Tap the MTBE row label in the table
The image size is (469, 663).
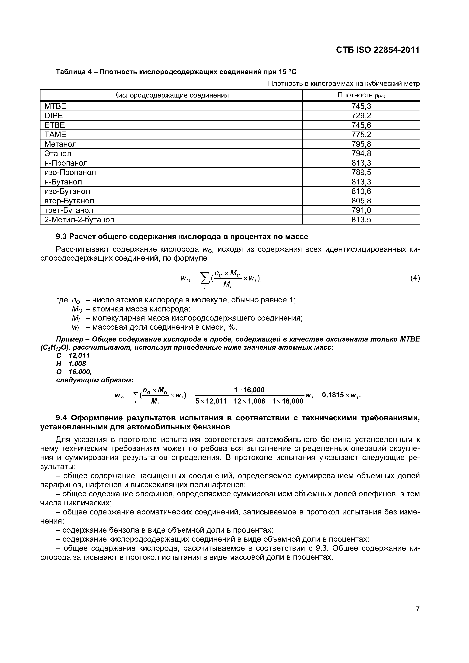click(x=55, y=106)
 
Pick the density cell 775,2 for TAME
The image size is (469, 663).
click(x=361, y=135)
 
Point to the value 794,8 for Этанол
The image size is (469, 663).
click(x=361, y=153)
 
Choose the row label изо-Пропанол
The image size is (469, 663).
click(x=70, y=172)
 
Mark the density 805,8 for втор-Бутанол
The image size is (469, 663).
click(x=361, y=201)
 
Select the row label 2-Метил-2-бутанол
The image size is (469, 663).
click(x=79, y=220)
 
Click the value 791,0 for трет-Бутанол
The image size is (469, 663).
click(x=361, y=210)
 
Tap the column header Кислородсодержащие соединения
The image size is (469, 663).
click(x=171, y=95)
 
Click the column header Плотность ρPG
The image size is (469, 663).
click(x=361, y=95)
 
